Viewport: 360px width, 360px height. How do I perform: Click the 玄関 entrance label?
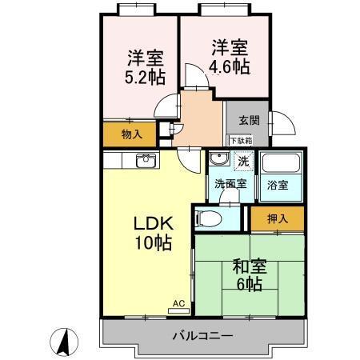(248, 121)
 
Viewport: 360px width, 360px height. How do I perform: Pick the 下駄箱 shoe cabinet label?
(241, 141)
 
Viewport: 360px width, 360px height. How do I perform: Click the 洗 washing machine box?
(243, 161)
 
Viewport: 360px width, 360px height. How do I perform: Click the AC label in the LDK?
(180, 304)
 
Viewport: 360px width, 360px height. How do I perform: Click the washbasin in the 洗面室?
(218, 159)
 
